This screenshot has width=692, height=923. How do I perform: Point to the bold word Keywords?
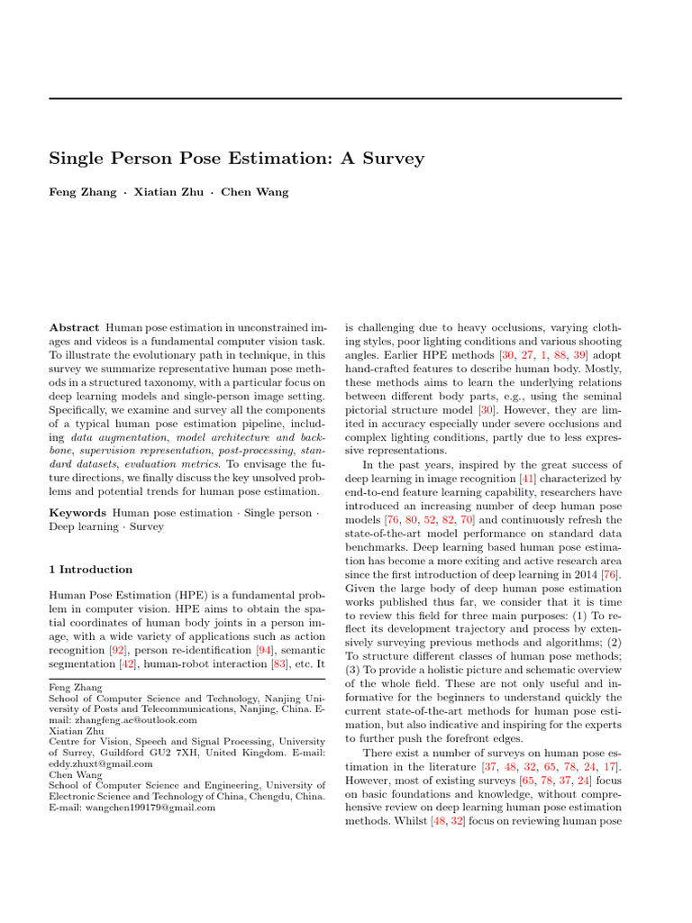[77, 512]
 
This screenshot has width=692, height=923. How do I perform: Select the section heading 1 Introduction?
[90, 570]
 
